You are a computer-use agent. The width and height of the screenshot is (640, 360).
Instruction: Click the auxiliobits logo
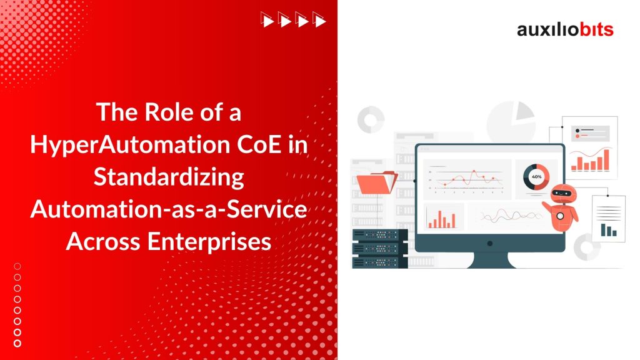click(x=565, y=29)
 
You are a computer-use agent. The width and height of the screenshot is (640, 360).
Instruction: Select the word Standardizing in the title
click(x=169, y=177)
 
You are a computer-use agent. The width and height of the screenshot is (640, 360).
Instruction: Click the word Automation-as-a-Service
click(x=169, y=209)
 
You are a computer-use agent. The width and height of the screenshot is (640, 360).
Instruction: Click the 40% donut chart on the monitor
click(x=536, y=176)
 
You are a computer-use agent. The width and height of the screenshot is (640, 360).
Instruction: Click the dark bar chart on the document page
click(x=607, y=230)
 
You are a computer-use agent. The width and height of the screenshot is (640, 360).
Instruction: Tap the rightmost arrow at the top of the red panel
click(x=321, y=21)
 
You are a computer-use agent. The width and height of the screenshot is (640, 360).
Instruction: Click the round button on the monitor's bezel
click(x=489, y=242)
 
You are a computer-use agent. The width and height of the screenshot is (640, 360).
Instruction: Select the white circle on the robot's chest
click(x=560, y=216)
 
